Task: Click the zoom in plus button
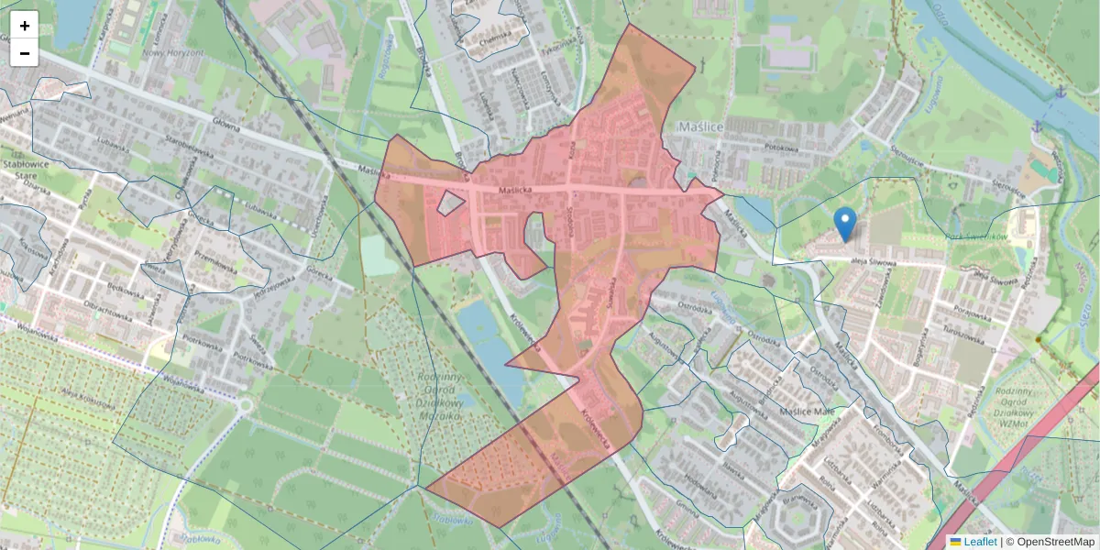point(25,25)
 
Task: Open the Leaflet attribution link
point(979,542)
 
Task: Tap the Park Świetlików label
point(976,236)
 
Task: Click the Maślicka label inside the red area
point(516,191)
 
